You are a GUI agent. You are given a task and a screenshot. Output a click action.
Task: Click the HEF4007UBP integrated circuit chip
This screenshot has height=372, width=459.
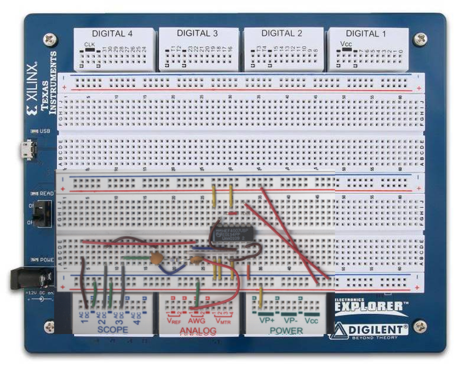(x=231, y=234)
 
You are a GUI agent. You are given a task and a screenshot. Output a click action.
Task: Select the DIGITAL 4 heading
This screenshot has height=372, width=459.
(x=112, y=33)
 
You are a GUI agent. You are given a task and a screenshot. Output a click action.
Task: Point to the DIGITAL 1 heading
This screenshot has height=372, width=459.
(x=366, y=33)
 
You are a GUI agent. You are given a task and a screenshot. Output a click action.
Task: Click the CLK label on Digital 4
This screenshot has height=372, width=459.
(x=89, y=44)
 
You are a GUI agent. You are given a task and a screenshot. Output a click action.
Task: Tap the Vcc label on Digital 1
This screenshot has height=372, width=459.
(x=346, y=44)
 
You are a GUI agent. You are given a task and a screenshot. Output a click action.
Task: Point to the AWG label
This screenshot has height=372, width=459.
(x=196, y=321)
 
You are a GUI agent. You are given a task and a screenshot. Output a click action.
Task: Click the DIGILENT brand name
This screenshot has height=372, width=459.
(x=378, y=329)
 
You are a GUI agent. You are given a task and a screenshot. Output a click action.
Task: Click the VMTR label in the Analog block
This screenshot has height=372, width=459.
(x=223, y=321)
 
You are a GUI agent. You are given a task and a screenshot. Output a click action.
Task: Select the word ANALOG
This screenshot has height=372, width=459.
(x=198, y=330)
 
